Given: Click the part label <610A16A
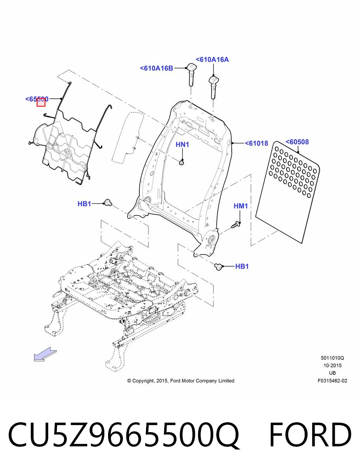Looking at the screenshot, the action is pos(212,60).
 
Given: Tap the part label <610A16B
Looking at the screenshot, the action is pos(157,68).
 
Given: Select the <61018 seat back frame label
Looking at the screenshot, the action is pos(257,143).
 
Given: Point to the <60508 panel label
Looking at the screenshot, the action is pos(297,142).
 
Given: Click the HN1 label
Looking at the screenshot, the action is pos(182,145).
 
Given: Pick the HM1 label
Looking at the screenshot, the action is pos(241,206).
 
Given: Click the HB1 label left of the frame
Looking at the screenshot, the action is pos(84,204).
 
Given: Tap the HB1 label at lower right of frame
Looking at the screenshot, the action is pos(242,266).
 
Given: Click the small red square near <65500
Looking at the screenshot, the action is pos(41,102).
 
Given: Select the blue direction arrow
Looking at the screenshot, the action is pos(45,354).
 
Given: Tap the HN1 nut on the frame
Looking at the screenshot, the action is pos(182,162).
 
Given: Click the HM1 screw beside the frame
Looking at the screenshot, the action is pos(236,224).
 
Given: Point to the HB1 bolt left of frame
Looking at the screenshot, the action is pos(108,202).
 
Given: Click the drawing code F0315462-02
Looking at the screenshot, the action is pos(332,381).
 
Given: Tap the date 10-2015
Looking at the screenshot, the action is pos(332,365).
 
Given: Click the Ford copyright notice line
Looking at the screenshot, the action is pos(181,381).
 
